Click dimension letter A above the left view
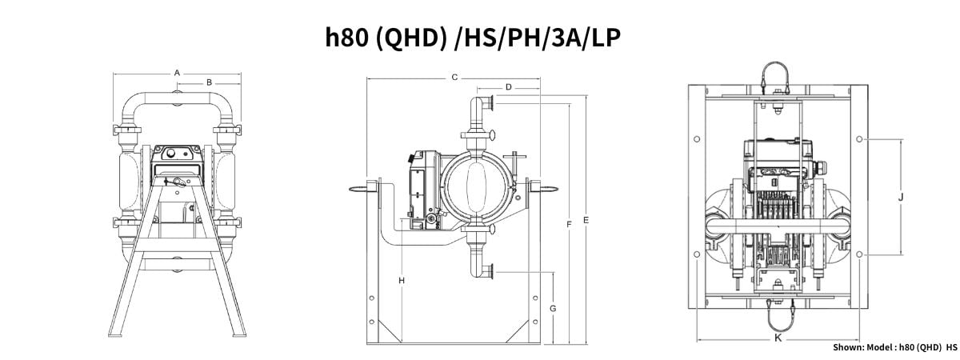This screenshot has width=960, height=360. (177, 74)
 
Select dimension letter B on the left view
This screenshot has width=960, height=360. (209, 82)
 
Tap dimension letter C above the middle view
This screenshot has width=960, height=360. (454, 78)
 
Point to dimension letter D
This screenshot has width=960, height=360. (508, 87)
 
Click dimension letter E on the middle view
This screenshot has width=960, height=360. (586, 220)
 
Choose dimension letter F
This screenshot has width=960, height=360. (569, 225)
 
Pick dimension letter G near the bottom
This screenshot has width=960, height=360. (553, 309)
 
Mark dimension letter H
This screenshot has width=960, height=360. (402, 281)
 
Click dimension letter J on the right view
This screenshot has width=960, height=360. (901, 198)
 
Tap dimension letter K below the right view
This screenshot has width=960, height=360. (778, 338)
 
